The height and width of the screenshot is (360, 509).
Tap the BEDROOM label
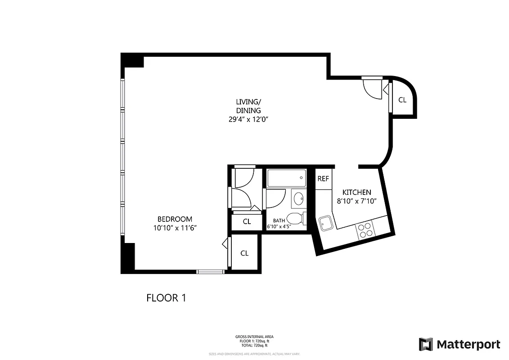(x=175, y=219)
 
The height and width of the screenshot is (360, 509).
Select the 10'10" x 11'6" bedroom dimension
(x=175, y=228)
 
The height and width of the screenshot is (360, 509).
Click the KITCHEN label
(x=357, y=192)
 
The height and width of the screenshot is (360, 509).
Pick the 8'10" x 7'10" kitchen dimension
(x=357, y=201)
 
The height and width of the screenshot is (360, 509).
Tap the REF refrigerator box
(x=323, y=179)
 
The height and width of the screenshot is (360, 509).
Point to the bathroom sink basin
(x=298, y=198)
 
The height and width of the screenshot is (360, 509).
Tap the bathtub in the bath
(x=286, y=179)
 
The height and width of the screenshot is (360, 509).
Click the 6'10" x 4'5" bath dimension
(x=279, y=227)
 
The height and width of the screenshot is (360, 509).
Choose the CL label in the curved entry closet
(x=402, y=100)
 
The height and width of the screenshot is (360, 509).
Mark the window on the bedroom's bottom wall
(x=211, y=271)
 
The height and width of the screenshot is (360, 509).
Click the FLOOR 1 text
(x=166, y=298)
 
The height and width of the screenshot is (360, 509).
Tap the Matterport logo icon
(x=426, y=345)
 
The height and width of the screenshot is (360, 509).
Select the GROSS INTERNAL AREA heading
(x=254, y=337)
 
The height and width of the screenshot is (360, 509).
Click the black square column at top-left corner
(x=132, y=60)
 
